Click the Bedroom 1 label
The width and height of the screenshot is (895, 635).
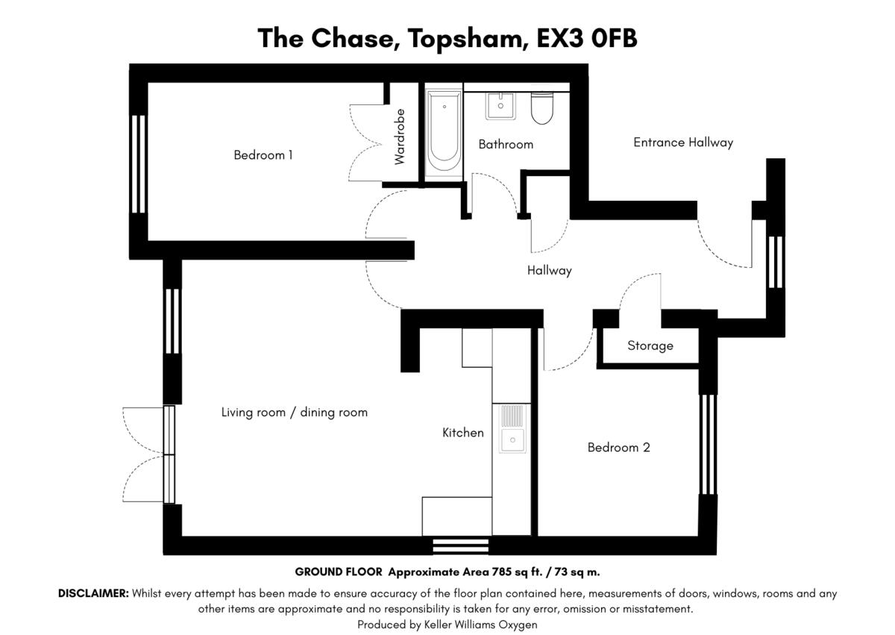click(263, 155)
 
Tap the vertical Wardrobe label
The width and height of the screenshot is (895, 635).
click(400, 137)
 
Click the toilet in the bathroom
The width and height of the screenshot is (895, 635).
click(541, 108)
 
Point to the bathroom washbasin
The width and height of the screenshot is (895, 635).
click(500, 106)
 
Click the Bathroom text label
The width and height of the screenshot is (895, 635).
click(506, 144)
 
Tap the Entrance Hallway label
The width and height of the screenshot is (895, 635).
click(683, 143)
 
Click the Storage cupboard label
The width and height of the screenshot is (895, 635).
click(650, 345)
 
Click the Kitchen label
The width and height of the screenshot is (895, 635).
click(463, 433)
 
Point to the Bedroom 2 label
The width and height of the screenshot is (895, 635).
click(618, 447)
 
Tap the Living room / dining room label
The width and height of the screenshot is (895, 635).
click(295, 413)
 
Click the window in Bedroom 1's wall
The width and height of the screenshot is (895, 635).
click(139, 164)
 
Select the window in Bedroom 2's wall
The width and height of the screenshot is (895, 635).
click(708, 445)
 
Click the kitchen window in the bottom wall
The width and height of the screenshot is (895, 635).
click(461, 546)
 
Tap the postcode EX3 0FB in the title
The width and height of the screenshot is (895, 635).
click(586, 39)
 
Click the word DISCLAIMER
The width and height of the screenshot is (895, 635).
click(93, 593)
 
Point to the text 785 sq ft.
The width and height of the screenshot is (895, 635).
click(517, 572)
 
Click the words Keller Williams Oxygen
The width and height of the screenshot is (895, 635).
click(480, 625)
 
